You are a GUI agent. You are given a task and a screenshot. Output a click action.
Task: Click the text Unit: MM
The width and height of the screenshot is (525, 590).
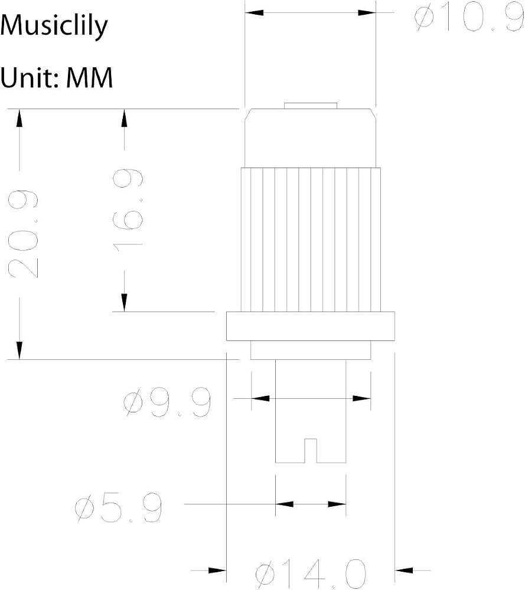point(57,77)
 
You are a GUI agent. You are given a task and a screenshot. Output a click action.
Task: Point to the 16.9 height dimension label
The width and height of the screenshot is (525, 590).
point(128,210)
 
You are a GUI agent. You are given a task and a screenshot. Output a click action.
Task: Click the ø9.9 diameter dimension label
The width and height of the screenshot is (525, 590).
point(167,401)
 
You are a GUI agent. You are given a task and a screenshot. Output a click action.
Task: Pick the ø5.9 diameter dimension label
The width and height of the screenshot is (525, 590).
point(118,507)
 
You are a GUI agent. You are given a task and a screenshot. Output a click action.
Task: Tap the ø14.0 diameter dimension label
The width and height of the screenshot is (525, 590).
point(310,574)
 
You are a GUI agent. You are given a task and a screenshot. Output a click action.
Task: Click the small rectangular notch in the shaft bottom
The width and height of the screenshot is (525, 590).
point(311,451)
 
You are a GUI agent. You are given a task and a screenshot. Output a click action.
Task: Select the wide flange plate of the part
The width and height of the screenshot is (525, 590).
point(310,326)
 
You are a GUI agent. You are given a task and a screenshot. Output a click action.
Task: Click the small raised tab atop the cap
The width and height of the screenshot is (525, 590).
point(310,106)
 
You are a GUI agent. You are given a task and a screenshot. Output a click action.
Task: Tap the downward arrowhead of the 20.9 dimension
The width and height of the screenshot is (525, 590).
point(19,350)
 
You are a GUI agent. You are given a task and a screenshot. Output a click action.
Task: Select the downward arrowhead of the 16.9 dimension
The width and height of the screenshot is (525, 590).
point(124,303)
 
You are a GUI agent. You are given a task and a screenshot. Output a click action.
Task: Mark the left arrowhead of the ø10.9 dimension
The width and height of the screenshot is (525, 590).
point(254,13)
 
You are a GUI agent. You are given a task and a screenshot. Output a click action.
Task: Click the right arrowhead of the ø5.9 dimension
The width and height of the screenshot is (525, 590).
point(337,504)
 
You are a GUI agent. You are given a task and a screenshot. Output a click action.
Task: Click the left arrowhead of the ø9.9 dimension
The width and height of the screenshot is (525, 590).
point(260,398)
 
